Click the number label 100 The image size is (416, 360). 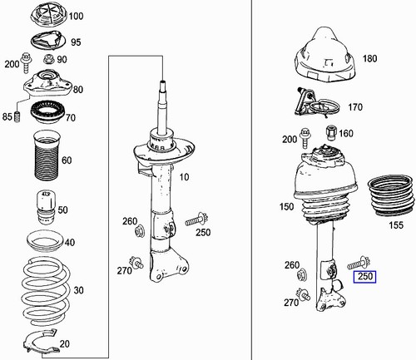(76, 16)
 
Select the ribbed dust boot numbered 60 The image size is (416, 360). (43, 160)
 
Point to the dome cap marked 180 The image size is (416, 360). (325, 57)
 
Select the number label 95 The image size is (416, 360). (76, 42)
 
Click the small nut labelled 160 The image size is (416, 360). (331, 133)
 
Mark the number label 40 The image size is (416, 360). (70, 242)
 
